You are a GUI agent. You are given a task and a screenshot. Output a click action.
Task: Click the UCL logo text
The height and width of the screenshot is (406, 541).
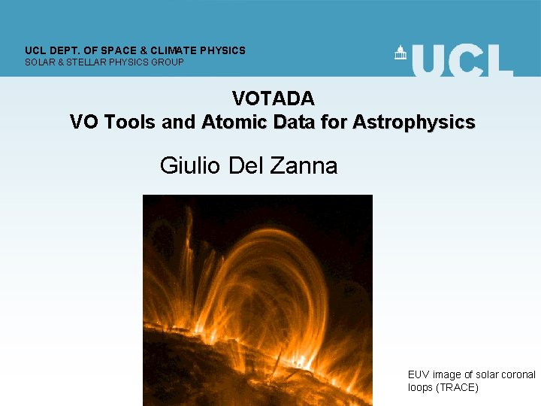[x=462, y=60]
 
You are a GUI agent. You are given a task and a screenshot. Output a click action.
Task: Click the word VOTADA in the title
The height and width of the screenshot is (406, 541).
[x=273, y=98]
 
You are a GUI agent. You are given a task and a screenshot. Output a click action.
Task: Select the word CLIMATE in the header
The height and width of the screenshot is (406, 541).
[x=174, y=50]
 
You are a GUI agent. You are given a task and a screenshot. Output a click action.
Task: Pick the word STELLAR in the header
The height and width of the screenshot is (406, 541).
[x=87, y=62]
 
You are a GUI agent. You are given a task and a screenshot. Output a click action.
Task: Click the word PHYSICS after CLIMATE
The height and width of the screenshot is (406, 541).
[x=222, y=50]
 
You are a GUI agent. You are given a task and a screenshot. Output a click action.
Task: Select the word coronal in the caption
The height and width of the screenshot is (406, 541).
[x=518, y=374]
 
